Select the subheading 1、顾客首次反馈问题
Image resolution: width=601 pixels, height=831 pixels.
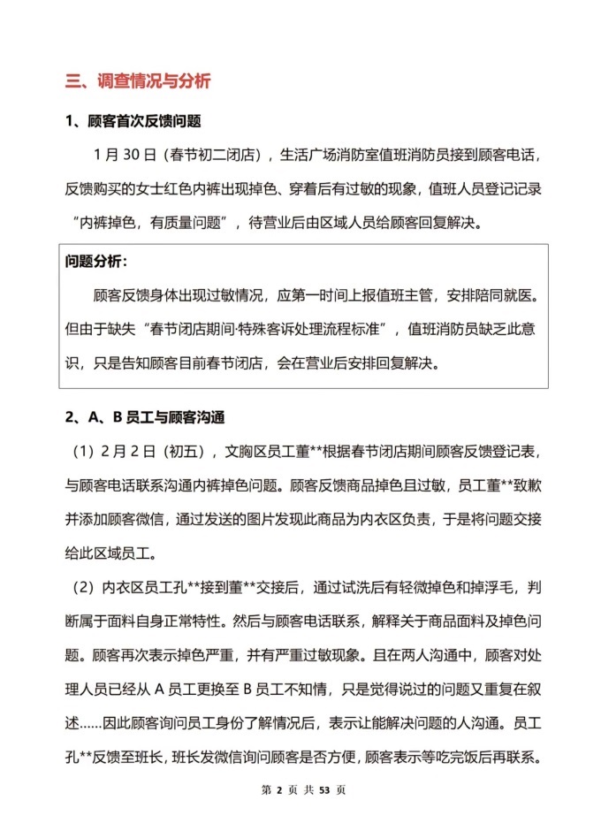(133, 121)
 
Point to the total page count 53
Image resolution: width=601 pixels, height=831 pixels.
(323, 789)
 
